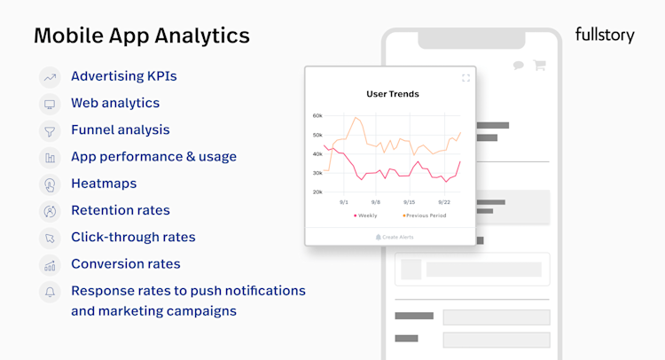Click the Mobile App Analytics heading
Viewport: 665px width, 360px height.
click(142, 36)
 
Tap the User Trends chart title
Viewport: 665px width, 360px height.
click(393, 93)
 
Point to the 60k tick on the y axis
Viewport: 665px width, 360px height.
click(317, 116)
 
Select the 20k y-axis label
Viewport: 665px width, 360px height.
click(317, 192)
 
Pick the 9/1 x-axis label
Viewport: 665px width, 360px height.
click(344, 201)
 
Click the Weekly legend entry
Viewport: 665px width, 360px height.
click(365, 215)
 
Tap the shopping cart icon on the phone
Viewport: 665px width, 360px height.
click(538, 65)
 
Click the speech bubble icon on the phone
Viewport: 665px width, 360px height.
click(518, 65)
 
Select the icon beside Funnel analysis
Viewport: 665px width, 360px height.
click(50, 130)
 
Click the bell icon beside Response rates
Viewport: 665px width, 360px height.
click(50, 291)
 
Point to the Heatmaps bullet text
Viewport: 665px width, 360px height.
click(104, 184)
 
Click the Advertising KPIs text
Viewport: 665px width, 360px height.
click(123, 76)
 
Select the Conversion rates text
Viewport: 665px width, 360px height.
click(125, 263)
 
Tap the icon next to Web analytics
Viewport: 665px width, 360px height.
click(50, 104)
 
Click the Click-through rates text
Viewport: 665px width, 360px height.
click(133, 237)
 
